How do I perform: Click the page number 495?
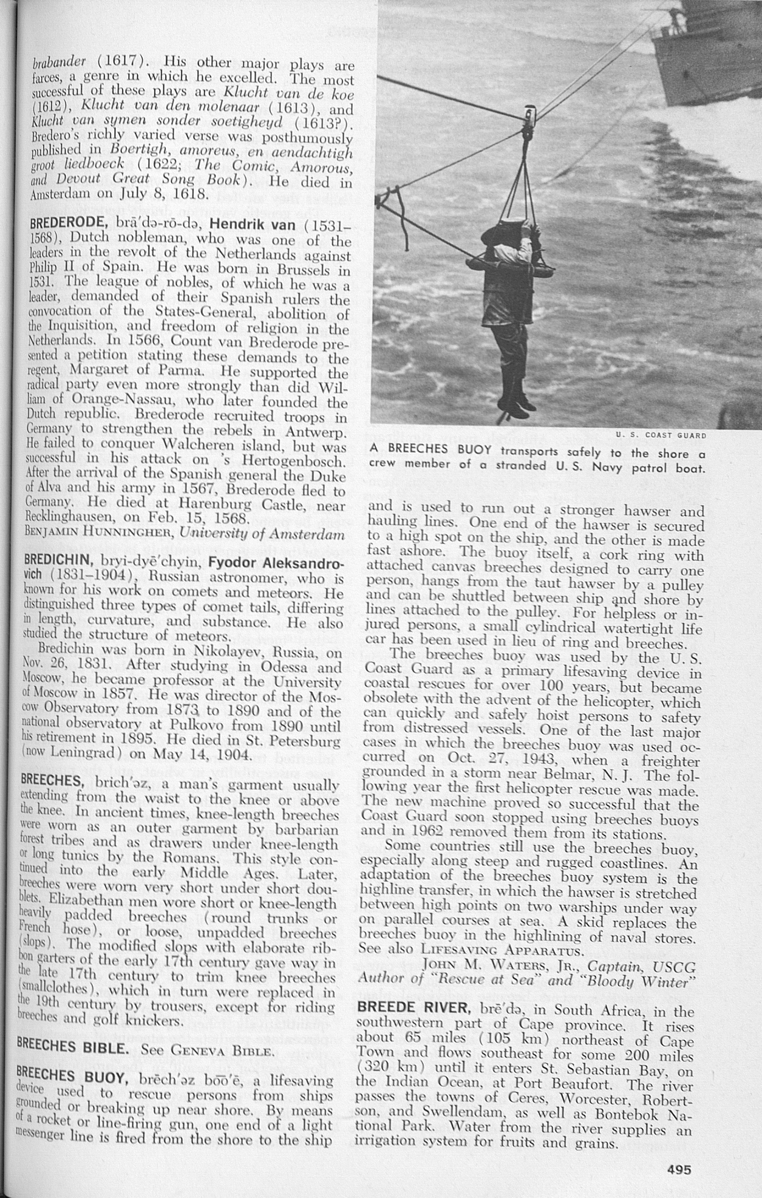coord(679,1169)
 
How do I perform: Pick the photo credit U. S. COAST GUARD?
coord(661,435)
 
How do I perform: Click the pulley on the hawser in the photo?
coord(530,114)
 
